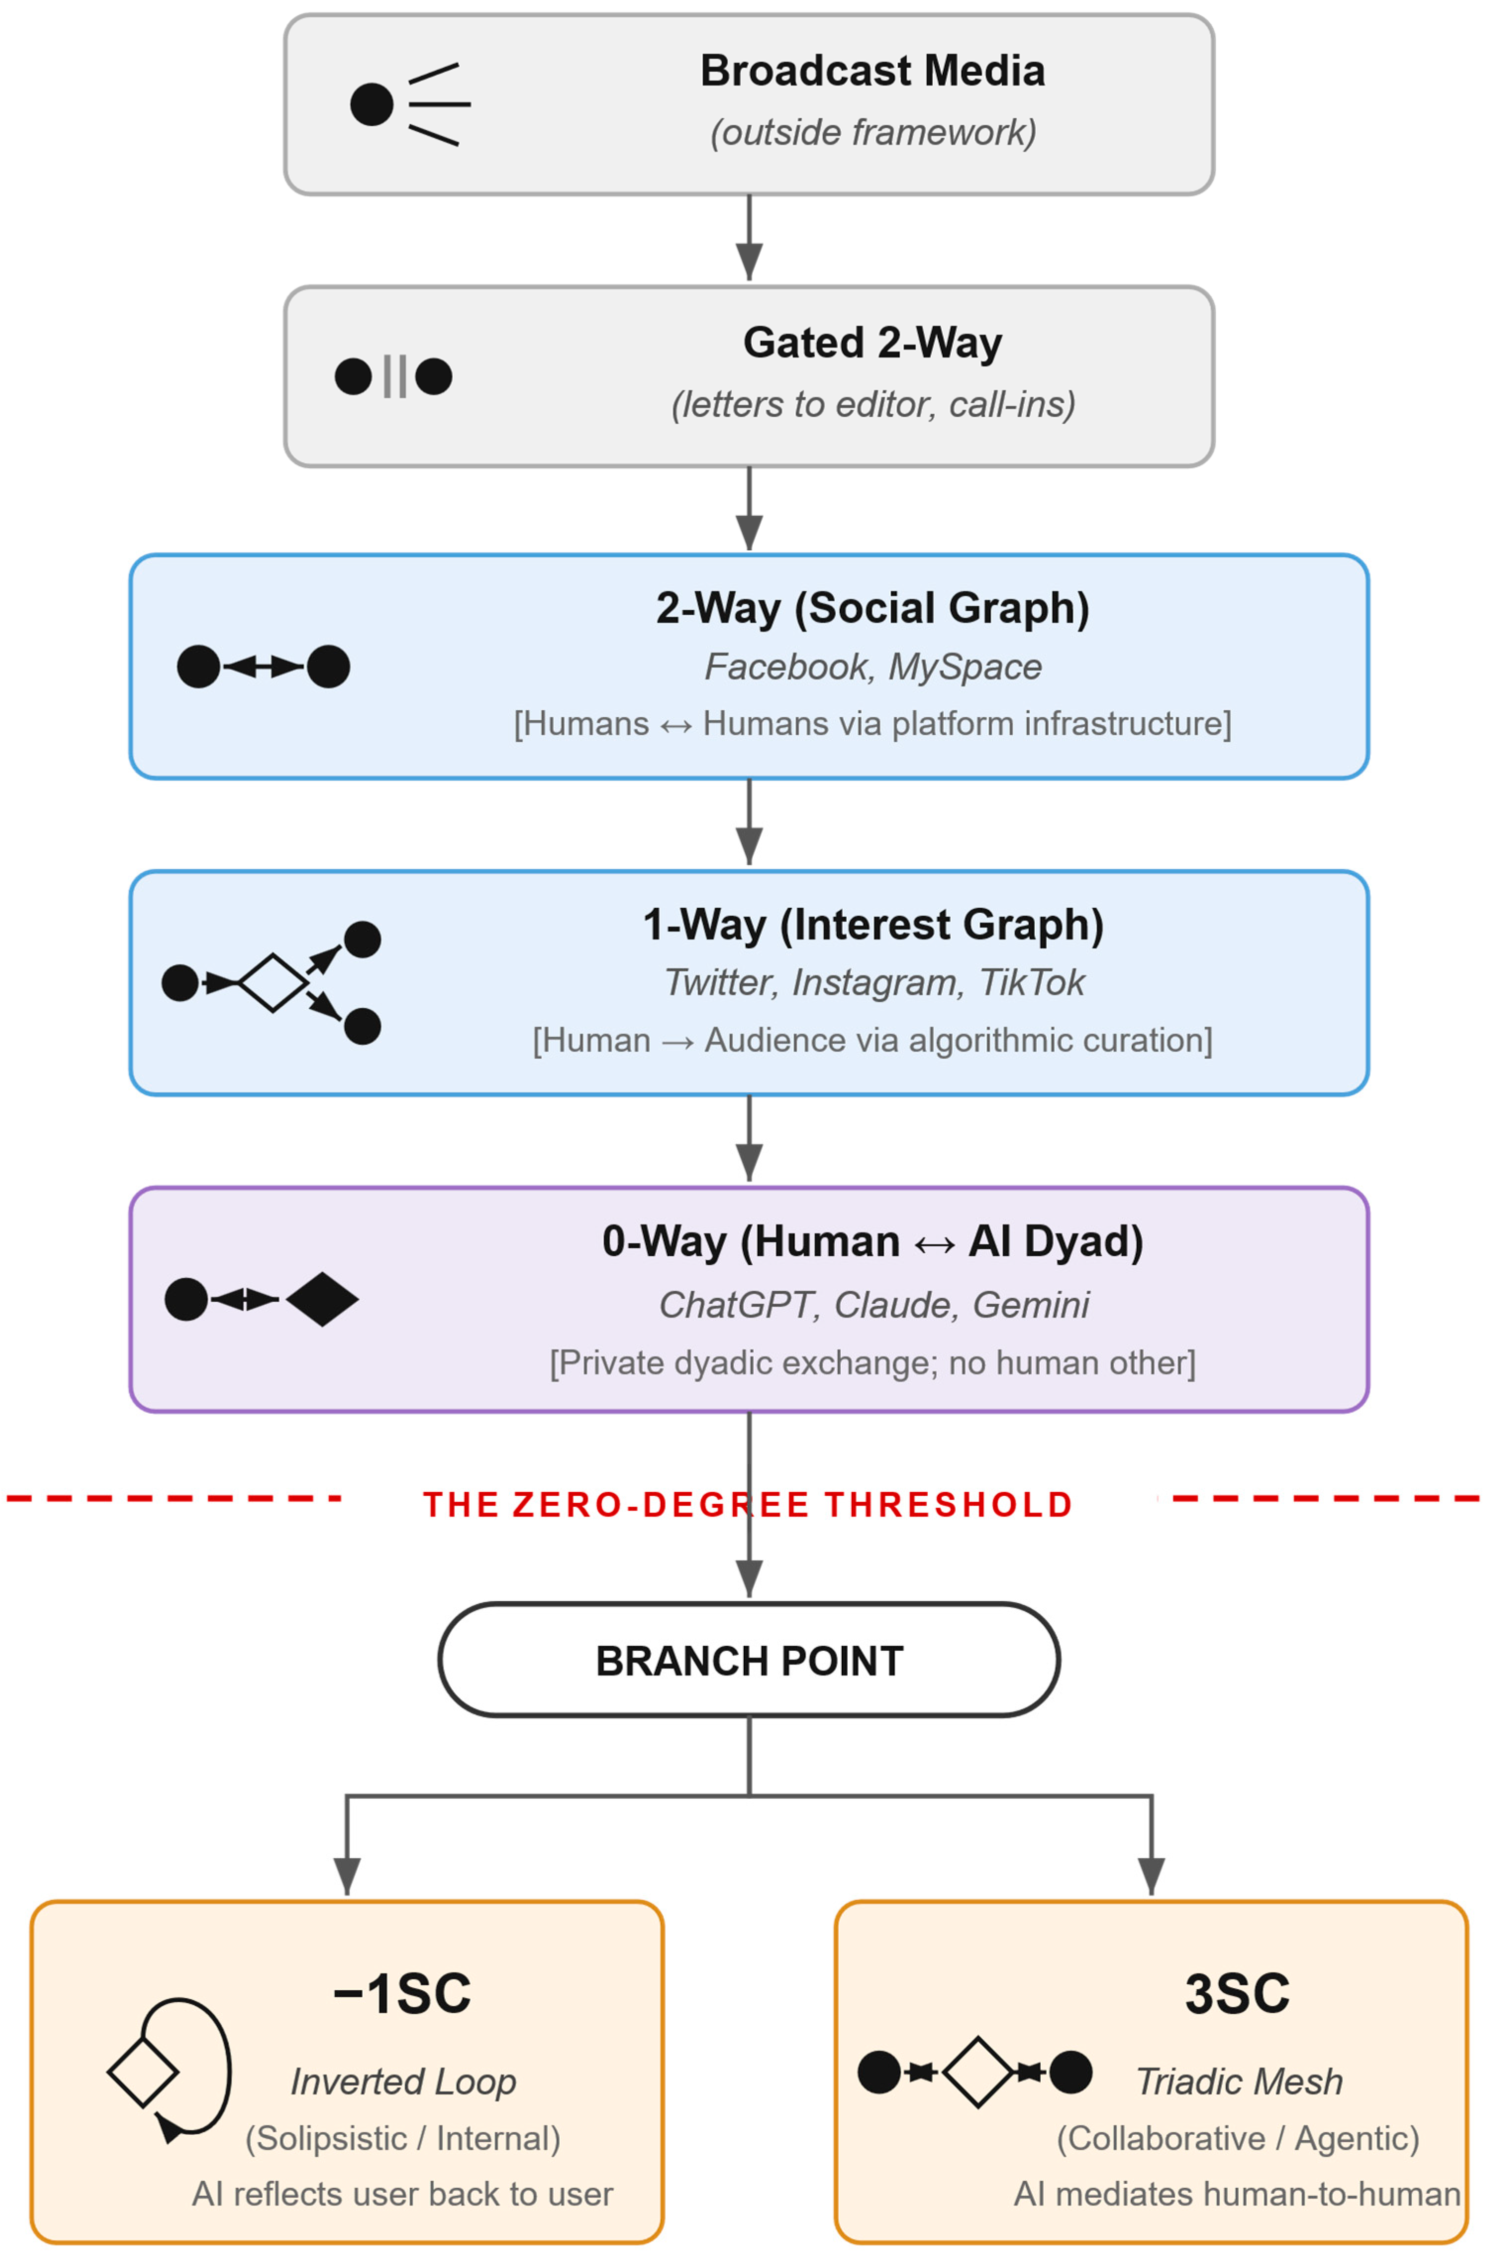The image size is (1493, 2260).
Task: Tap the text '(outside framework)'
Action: click(872, 132)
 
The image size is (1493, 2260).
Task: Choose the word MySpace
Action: click(964, 667)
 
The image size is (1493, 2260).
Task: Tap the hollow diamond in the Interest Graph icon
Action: click(273, 982)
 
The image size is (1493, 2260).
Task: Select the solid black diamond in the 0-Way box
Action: click(322, 1299)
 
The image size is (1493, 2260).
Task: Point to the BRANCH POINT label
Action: click(749, 1661)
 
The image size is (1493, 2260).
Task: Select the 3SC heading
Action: click(1237, 1993)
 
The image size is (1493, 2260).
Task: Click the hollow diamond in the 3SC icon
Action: click(978, 2072)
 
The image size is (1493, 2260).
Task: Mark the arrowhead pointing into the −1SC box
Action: click(346, 1876)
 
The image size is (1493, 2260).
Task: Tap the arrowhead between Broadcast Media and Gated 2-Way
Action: click(749, 260)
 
